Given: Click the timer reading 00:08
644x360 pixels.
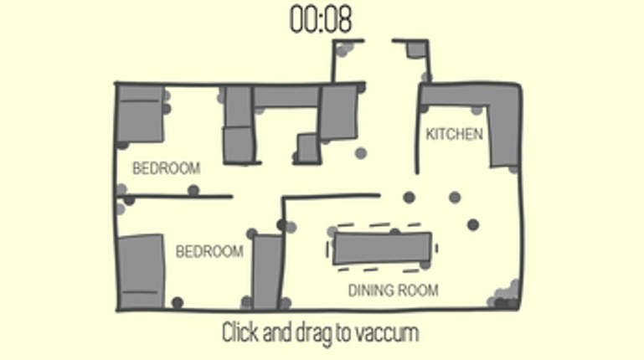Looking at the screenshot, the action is coord(321,19).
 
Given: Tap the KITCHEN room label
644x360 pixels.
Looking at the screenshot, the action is coord(454,134).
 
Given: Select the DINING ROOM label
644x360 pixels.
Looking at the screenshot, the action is coord(393,291).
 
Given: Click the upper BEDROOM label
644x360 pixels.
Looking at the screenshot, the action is coord(167,168).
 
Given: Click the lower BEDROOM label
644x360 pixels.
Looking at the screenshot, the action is coord(209,251).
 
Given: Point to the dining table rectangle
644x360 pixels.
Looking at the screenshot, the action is coord(382,248).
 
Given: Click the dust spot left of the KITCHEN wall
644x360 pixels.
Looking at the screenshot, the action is coord(361,153).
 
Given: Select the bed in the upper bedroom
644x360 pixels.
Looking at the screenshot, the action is coord(141,113).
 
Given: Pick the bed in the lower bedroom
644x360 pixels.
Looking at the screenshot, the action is coord(141,272).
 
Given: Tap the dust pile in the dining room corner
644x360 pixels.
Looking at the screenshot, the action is coord(504,296).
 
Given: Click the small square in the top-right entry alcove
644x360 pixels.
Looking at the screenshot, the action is coord(416,49).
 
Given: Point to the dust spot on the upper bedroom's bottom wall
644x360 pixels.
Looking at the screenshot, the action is coord(193,191).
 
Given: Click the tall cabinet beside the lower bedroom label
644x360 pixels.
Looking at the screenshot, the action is coord(267,272).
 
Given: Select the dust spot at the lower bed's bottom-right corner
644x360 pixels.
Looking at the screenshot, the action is coord(178,303).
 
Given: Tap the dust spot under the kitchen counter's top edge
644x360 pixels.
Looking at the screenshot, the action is coord(477,110).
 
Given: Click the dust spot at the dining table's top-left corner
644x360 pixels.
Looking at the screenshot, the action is coord(332,232).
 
